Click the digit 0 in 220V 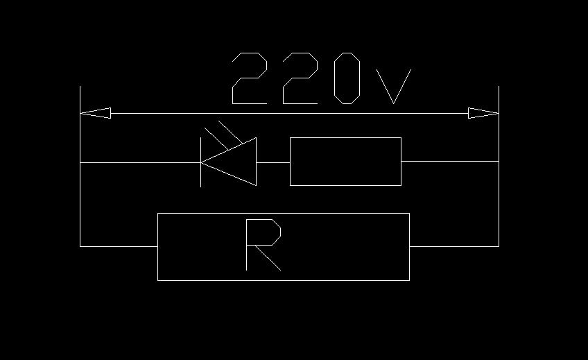point(347,78)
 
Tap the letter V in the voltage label point(393,86)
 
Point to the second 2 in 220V point(300,78)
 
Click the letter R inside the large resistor point(263,244)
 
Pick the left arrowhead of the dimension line point(96,113)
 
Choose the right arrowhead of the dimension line point(483,113)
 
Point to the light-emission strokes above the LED point(225,132)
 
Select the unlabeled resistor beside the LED point(345,162)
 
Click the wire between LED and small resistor point(273,162)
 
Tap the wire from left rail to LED point(139,162)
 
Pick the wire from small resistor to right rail point(449,162)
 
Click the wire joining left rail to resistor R point(119,246)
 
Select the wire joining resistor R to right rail point(454,246)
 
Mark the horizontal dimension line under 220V point(291,113)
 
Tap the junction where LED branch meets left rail point(80,162)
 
